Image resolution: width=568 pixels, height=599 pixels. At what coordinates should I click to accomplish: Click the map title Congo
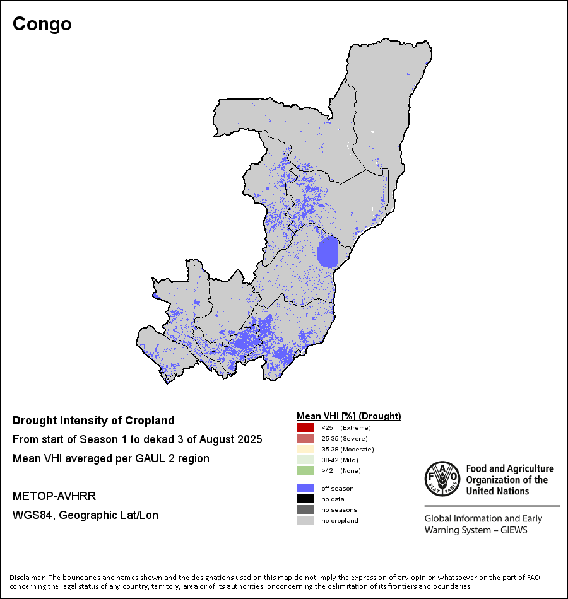tap(42, 24)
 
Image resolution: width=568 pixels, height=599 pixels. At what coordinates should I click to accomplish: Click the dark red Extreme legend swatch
tap(305, 427)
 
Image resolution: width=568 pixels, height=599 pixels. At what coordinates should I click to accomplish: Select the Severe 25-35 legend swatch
tap(305, 438)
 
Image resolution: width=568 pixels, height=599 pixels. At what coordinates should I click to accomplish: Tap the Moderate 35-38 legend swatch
tap(305, 449)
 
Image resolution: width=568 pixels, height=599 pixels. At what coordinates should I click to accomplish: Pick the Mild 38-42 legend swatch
tap(305, 460)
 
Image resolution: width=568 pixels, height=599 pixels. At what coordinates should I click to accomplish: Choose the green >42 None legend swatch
tap(305, 470)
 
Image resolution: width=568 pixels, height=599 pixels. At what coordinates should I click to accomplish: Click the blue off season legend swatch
tap(305, 488)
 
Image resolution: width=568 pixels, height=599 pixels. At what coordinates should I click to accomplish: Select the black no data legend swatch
tap(305, 499)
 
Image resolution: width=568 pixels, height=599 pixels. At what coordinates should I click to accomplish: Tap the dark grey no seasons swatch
tap(305, 509)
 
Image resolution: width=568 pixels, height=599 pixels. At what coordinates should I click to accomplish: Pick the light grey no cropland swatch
tap(305, 520)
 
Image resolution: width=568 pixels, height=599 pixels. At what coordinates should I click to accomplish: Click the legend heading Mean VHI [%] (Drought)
tap(349, 416)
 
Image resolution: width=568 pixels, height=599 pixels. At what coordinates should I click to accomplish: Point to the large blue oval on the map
tap(328, 252)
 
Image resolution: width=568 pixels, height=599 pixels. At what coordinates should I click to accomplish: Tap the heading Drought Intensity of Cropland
tap(93, 421)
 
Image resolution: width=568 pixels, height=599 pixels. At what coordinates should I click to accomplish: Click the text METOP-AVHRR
tap(54, 497)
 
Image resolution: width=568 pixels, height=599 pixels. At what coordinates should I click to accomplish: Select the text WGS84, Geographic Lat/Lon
tap(85, 515)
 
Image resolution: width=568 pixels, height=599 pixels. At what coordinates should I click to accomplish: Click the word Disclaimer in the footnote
tap(27, 578)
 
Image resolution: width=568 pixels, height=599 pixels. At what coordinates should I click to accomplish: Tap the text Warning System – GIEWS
tap(476, 530)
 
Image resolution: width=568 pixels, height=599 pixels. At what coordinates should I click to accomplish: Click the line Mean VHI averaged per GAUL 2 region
tap(111, 458)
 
